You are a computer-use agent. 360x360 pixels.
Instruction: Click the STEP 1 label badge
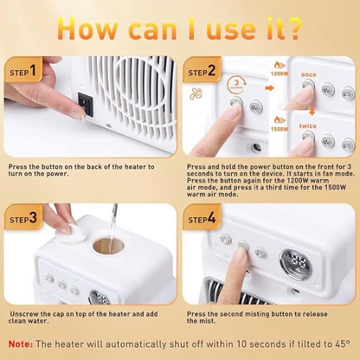[x=25, y=70]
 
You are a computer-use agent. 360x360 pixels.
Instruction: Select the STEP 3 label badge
[x=25, y=219]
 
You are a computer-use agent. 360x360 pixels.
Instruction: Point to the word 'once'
[x=309, y=74]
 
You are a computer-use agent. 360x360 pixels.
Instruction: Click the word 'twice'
[x=309, y=125]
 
